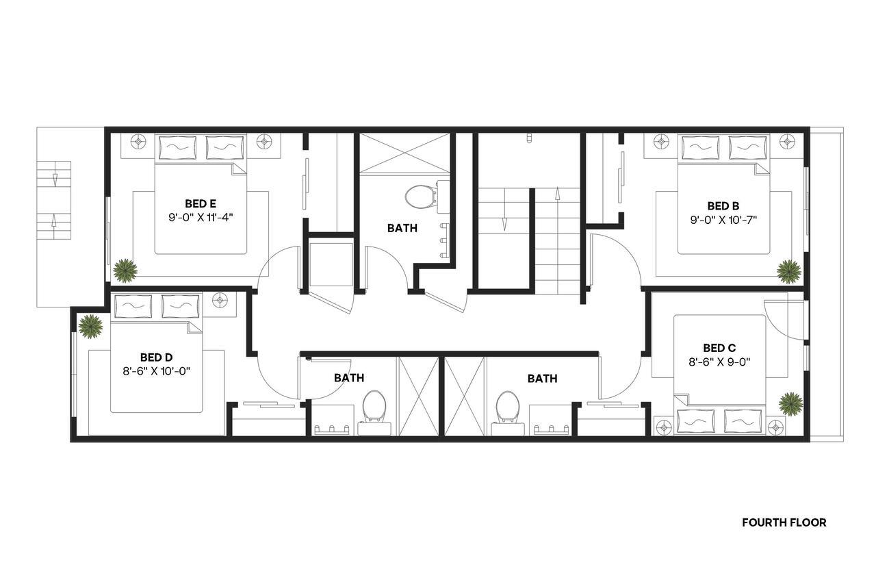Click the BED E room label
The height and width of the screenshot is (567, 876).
(201, 203)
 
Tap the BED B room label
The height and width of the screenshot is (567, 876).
(723, 206)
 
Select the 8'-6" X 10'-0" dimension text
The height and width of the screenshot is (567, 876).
(155, 371)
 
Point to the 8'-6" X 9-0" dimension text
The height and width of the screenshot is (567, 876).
(719, 362)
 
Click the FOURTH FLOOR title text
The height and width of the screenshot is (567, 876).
(784, 522)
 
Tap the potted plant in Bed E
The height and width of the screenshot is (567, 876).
(125, 270)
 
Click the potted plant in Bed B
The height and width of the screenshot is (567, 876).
(789, 271)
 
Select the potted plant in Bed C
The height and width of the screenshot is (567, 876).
(790, 403)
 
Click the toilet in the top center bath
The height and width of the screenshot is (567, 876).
(421, 197)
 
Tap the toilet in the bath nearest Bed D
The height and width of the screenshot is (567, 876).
(374, 407)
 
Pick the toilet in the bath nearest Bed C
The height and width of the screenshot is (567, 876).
(507, 407)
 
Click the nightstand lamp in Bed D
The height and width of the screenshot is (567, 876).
(220, 301)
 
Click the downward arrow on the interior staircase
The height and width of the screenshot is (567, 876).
(504, 224)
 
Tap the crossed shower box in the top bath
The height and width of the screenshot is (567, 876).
(405, 153)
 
